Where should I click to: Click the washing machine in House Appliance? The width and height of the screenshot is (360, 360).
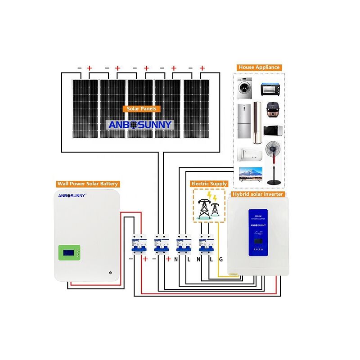pos(245,88)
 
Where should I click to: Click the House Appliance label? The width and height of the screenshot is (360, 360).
pos(259,67)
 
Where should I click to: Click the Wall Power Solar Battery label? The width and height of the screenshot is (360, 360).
pos(87,184)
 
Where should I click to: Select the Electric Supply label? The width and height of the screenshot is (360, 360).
pos(209,184)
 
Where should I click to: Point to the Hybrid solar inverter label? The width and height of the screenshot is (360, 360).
pos(257,194)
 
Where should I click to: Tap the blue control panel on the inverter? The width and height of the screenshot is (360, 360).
pos(258,233)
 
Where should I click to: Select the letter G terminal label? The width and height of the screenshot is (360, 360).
pos(220,259)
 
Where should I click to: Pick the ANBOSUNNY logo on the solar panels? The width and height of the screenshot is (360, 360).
pos(140,125)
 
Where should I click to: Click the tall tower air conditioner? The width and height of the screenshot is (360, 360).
pos(257,122)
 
